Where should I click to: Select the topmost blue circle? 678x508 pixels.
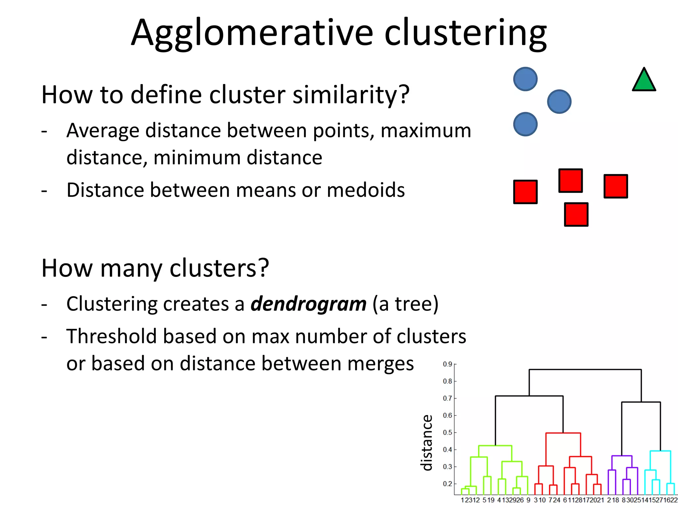tap(525, 79)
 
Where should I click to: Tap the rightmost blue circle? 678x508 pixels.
tap(559, 102)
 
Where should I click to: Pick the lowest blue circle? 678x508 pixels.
tap(525, 124)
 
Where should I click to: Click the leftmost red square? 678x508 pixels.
tap(525, 192)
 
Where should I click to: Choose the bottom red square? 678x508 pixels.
tap(576, 214)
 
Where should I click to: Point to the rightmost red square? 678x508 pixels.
tap(616, 186)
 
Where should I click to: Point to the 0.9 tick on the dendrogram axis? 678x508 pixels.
tap(448, 364)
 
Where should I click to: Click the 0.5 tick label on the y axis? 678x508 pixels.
tap(448, 433)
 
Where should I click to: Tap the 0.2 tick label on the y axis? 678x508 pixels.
tap(448, 484)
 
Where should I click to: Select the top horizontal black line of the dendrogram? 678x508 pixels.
tap(585, 369)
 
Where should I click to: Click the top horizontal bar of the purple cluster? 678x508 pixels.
tap(622, 456)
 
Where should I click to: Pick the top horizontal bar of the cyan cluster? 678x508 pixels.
tap(660, 451)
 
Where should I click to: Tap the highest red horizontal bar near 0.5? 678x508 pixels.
tap(563, 433)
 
